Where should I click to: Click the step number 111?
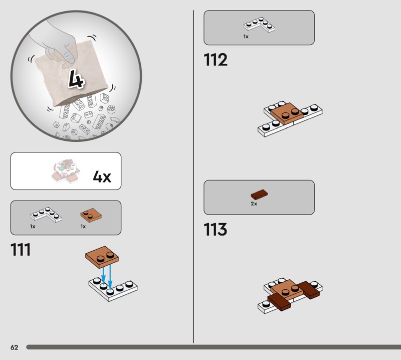[x=21, y=250]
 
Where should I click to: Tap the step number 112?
[x=216, y=60]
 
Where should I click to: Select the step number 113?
[x=216, y=229]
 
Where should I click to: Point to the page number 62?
[x=15, y=347]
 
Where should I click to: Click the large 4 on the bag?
[x=76, y=79]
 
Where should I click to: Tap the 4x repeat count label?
[x=102, y=176]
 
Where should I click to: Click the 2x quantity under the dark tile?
[x=254, y=204]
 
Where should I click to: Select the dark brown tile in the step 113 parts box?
[x=259, y=195]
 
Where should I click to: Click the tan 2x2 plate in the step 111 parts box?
[x=91, y=215]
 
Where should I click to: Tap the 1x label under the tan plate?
[x=83, y=227]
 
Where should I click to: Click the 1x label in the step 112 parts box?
[x=246, y=37]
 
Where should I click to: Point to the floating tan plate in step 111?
[x=102, y=257]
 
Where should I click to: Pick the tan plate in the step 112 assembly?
[x=287, y=114]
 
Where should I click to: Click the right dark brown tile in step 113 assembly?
[x=309, y=290]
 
